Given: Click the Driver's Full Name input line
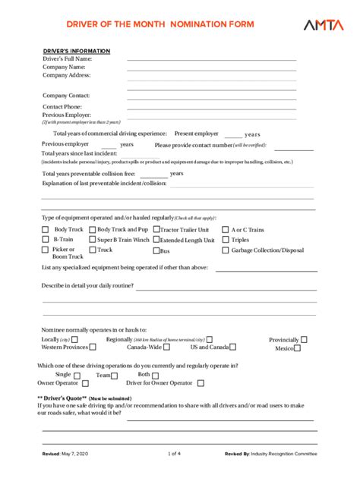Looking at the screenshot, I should [211, 58].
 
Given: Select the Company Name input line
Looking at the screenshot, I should [211, 67].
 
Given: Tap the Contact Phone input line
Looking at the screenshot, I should [211, 107].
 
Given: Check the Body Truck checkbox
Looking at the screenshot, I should [45, 229].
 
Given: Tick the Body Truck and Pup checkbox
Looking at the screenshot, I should [93, 229].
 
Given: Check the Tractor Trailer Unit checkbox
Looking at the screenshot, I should [156, 229].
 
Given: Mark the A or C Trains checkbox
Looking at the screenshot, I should [225, 230].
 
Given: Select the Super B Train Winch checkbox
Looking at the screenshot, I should [93, 240].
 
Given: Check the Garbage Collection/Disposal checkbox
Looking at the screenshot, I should [225, 250].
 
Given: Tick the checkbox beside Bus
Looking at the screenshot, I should [156, 250].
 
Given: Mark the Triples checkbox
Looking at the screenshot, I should [225, 240].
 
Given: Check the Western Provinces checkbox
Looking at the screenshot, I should [93, 348].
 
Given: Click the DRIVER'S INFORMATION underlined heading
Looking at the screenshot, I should [76, 51].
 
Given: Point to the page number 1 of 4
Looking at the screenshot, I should [175, 454].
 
